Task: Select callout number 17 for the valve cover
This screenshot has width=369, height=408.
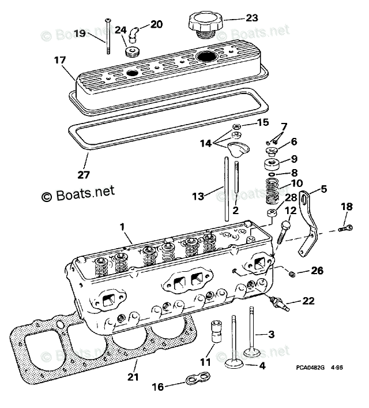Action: click(x=61, y=60)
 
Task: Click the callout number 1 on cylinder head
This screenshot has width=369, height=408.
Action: click(x=122, y=227)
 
